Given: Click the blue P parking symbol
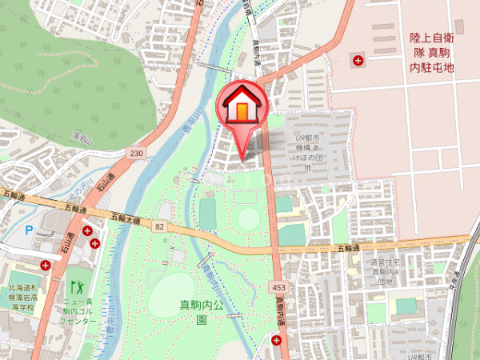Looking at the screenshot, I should pyautogui.click(x=30, y=230).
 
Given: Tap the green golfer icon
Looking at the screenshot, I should pyautogui.click(x=78, y=286).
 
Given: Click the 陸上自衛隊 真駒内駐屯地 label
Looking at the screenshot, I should pyautogui.click(x=431, y=52).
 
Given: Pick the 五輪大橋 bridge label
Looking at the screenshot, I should pyautogui.click(x=126, y=218).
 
